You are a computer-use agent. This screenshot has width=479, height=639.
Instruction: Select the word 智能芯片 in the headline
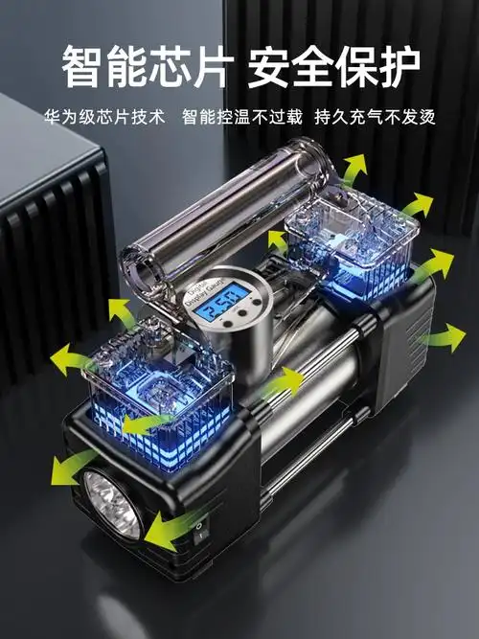click(x=147, y=68)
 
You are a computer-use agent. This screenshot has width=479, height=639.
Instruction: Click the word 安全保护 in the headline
click(x=333, y=68)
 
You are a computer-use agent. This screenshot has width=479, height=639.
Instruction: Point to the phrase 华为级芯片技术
click(x=104, y=117)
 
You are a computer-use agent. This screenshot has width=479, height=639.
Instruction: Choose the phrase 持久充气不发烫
click(x=375, y=117)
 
